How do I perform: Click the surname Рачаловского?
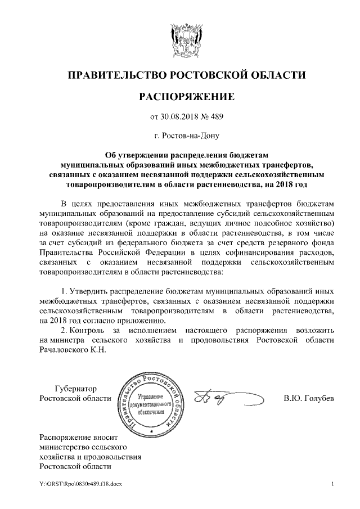click(66, 349)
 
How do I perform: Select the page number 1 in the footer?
click(333, 484)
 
